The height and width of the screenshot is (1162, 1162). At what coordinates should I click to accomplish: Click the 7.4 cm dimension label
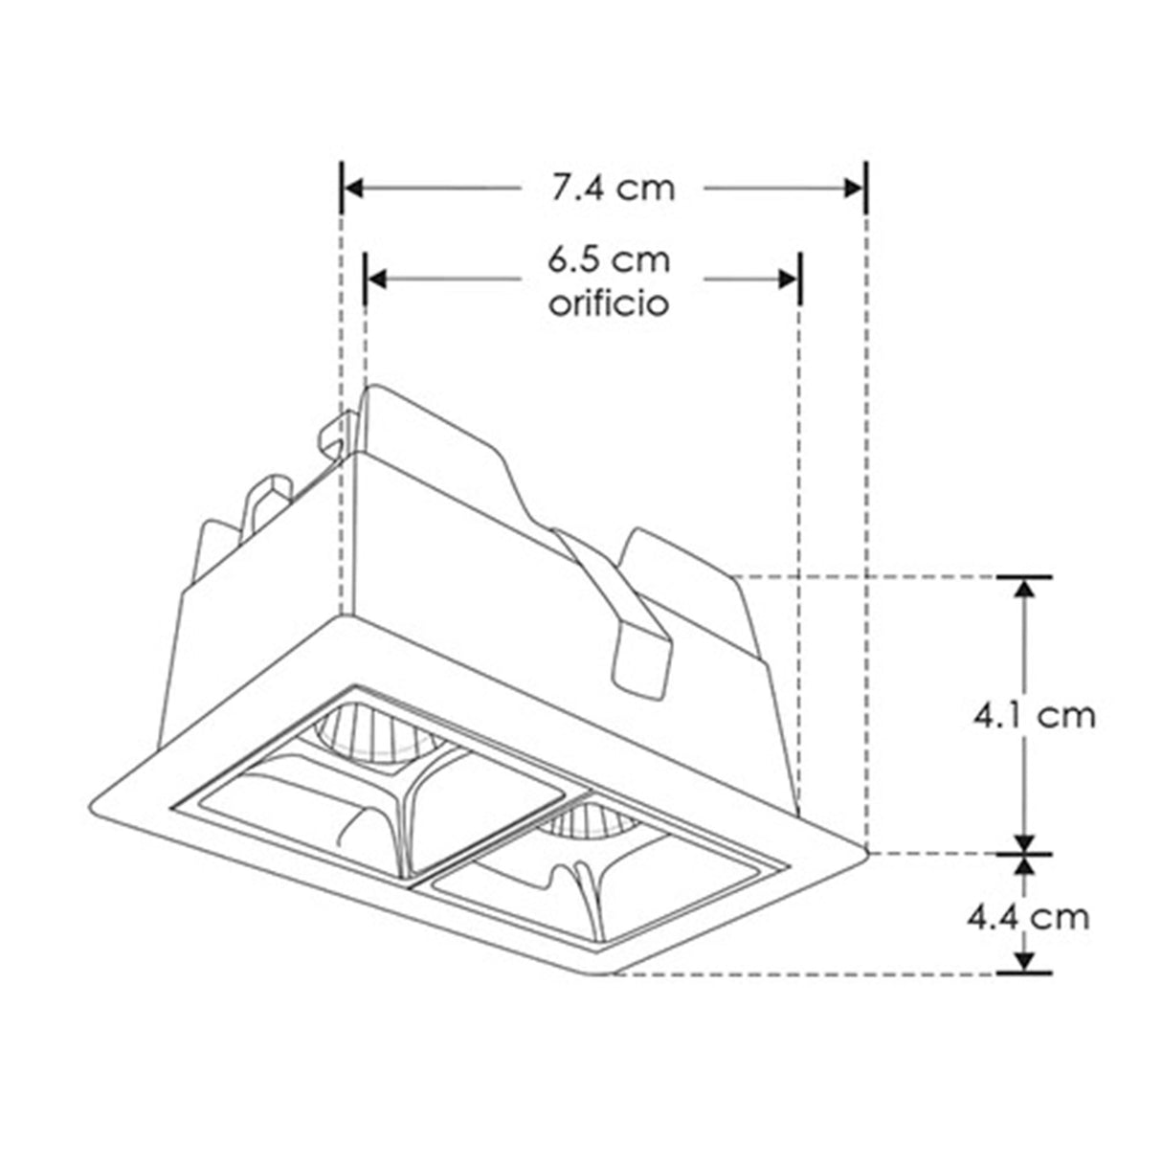612,189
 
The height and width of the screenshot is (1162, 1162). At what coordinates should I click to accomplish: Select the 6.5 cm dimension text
609,259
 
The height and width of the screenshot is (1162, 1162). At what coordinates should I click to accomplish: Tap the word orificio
608,303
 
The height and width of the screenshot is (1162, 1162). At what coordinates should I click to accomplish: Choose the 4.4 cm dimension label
1027,916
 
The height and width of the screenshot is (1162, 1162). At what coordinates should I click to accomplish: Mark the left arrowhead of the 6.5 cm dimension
377,279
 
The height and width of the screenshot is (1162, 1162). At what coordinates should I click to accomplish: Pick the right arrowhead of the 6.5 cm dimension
788,279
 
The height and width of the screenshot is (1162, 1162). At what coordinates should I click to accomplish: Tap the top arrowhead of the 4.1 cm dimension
1025,589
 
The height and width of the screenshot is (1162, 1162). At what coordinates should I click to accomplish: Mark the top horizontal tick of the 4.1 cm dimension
1025,577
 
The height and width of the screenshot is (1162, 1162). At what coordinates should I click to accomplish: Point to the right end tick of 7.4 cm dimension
865,189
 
